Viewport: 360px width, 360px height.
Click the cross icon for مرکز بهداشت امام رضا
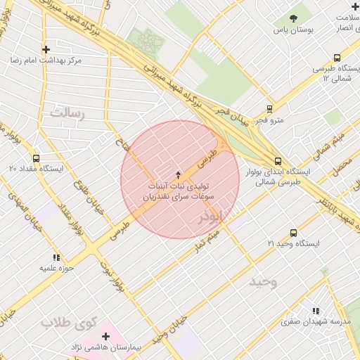click(x=46, y=49)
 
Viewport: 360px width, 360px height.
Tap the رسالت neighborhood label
click(x=67, y=112)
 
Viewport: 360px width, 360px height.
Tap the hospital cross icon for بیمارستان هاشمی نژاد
click(x=105, y=336)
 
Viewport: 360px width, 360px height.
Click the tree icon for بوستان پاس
click(x=293, y=19)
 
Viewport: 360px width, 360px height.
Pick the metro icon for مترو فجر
click(x=269, y=109)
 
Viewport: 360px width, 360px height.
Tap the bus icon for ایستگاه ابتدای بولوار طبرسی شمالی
click(x=278, y=160)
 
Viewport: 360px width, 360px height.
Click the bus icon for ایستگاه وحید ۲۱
click(x=293, y=233)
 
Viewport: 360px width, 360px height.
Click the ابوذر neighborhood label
click(x=210, y=217)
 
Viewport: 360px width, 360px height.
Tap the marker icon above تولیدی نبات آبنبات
click(x=178, y=174)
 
